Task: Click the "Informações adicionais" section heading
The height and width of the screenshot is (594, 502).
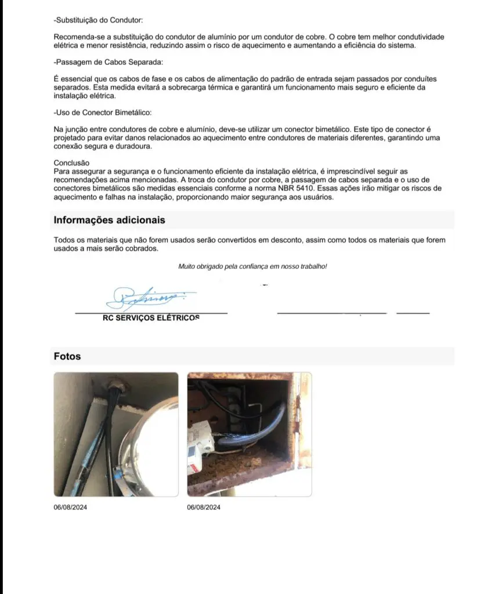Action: coord(109,220)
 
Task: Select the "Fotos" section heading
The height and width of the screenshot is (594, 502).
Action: coord(67,356)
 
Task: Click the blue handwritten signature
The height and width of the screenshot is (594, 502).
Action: coord(150,298)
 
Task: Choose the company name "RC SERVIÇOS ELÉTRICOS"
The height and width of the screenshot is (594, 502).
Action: coord(151,318)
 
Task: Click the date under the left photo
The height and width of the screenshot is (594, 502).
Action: coord(70,507)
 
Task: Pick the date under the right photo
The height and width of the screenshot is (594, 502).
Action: coord(204,507)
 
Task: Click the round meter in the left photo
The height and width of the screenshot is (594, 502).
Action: coord(148,447)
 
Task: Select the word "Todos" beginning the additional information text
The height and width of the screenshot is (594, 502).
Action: coord(64,240)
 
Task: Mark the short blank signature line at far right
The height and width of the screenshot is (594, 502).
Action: coord(413,313)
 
